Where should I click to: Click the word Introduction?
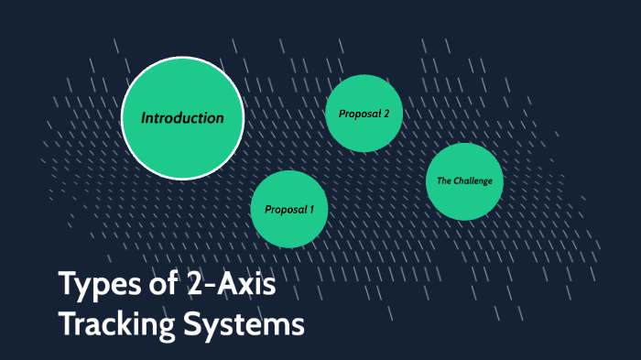[x=182, y=118]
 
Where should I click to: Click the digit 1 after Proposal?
[x=310, y=210]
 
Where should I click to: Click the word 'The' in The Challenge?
[x=443, y=181]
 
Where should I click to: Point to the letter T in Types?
[x=67, y=286]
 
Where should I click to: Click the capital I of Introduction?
[x=144, y=118]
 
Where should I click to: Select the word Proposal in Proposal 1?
[x=284, y=210]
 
